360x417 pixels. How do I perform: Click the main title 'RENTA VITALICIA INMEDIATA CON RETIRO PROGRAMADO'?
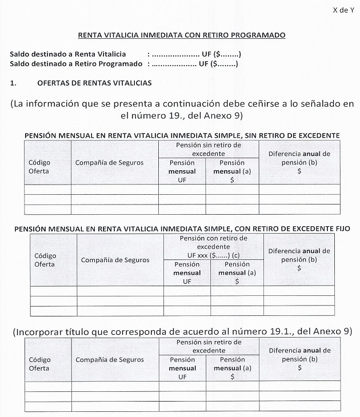(x=181, y=35)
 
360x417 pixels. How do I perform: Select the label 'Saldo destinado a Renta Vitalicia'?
(x=68, y=54)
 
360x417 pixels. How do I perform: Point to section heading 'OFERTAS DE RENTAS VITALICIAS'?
(x=94, y=83)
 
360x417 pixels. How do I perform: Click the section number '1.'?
(x=14, y=83)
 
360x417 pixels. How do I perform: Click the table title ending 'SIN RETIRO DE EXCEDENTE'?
(x=182, y=135)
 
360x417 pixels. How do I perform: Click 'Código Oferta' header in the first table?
(x=39, y=166)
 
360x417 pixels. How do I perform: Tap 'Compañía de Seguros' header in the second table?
(x=115, y=260)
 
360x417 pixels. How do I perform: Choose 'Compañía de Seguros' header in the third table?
(x=109, y=359)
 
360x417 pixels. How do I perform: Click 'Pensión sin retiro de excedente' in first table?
(x=209, y=149)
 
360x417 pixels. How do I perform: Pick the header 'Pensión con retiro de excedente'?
(x=213, y=242)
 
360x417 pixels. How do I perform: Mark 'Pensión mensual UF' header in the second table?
(x=187, y=272)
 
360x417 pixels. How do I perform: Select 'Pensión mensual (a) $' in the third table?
(x=232, y=368)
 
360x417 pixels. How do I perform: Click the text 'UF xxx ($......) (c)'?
(x=213, y=254)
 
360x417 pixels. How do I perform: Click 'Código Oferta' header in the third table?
(x=39, y=364)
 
